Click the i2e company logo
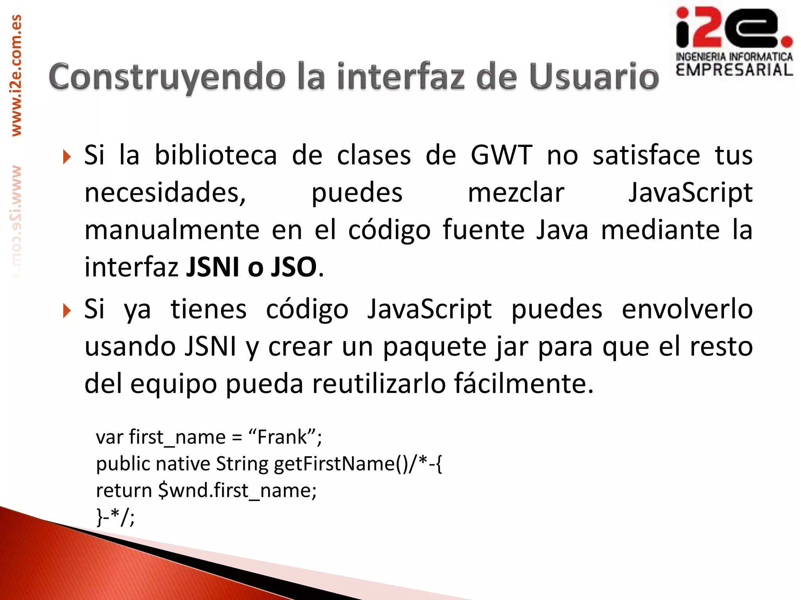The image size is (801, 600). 734,28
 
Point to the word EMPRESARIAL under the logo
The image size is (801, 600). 734,70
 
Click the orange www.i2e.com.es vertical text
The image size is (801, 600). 16,75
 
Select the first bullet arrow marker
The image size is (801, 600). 67,157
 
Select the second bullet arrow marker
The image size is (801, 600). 67,311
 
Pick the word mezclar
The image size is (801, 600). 516,193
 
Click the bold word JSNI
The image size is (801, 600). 212,268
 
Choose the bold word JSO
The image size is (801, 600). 294,268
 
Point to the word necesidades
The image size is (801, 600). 165,193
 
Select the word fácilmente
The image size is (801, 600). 524,384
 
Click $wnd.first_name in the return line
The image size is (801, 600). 237,490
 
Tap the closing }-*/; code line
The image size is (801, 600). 116,517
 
